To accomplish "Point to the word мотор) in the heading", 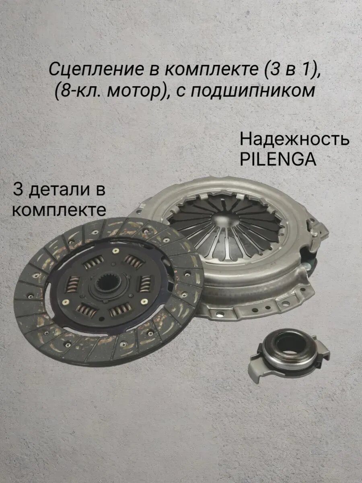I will point(138,91).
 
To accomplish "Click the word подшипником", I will point(252,91).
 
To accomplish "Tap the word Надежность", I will point(294,140).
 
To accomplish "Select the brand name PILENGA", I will point(278,160).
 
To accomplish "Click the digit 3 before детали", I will point(18,189).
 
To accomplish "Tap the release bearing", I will point(287,350).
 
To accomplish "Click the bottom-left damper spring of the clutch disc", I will point(86,310).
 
